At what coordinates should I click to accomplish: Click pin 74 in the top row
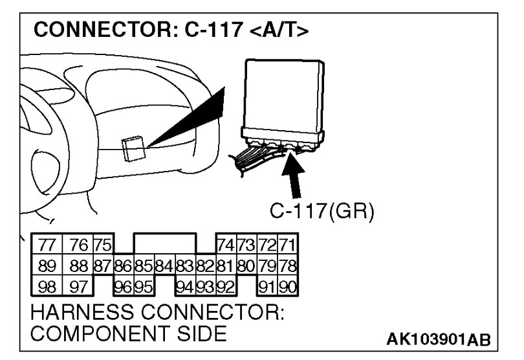click(226, 246)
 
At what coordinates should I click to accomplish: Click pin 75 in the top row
click(102, 246)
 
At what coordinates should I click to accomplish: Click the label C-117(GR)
click(322, 211)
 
